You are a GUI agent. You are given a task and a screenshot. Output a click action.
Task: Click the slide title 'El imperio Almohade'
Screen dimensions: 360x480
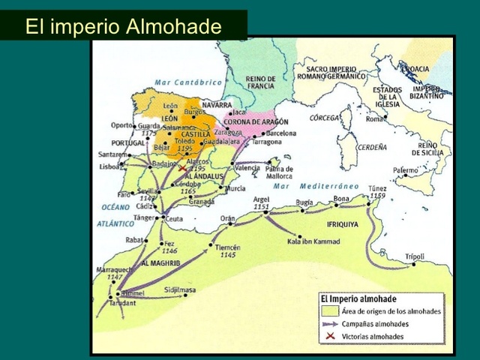click(x=124, y=27)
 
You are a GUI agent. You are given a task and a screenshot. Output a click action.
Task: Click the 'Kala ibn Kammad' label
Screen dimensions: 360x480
click(x=313, y=241)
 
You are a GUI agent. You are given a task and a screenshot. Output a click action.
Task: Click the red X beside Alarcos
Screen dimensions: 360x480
click(x=181, y=169)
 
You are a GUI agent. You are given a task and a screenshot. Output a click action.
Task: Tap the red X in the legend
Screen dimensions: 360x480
click(x=325, y=337)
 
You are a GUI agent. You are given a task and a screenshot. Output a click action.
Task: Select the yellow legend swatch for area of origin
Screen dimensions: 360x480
click(x=325, y=311)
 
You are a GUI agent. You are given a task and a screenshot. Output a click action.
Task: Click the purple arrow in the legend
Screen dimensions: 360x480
click(x=325, y=324)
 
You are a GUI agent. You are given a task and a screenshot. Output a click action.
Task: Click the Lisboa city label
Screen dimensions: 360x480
click(x=109, y=166)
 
